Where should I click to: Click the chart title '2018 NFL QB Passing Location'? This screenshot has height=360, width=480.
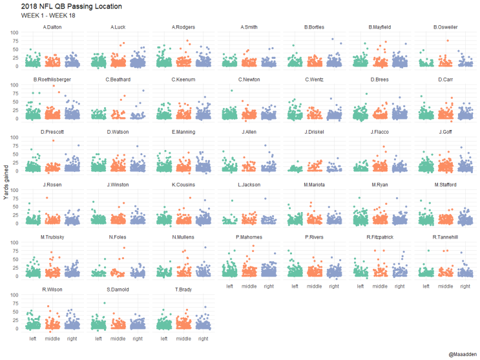click(62, 6)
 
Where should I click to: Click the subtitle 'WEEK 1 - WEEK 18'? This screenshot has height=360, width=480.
click(45, 16)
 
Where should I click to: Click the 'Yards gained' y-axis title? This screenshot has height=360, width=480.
click(6, 183)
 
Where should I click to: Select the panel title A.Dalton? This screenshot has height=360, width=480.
click(52, 27)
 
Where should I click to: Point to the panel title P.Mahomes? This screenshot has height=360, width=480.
click(249, 237)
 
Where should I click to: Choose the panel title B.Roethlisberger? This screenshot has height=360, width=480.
click(52, 79)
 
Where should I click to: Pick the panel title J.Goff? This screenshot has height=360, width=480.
click(445, 132)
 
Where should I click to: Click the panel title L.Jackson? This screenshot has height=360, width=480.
click(249, 184)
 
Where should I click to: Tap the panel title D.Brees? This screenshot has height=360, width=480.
click(379, 79)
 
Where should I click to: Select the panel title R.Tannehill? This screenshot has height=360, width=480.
click(445, 237)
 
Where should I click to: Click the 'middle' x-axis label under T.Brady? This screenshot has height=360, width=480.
click(183, 338)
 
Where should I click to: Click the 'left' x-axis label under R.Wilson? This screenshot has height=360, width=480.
click(33, 338)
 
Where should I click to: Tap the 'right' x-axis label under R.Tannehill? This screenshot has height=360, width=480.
click(464, 286)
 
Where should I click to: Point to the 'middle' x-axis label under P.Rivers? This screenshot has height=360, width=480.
click(314, 286)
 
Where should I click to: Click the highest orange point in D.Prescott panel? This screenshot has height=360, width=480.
click(54, 140)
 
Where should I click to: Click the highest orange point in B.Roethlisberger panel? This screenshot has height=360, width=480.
click(54, 86)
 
